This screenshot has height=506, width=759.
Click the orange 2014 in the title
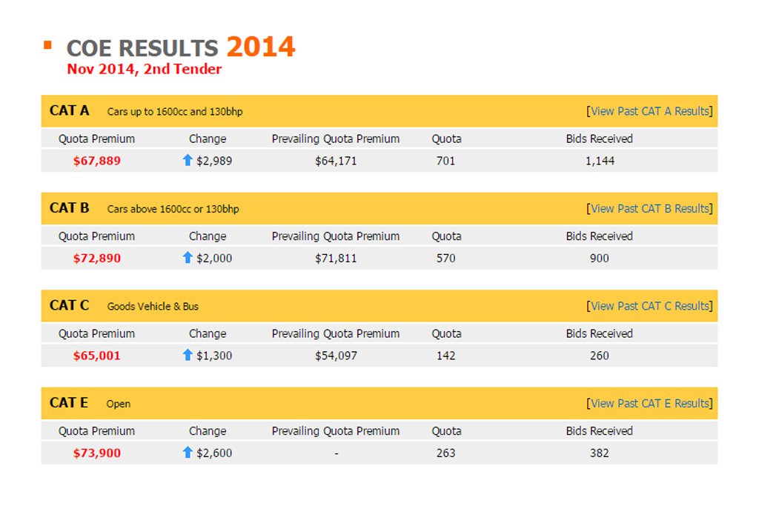[x=260, y=47]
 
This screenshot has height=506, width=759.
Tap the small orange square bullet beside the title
[x=47, y=45]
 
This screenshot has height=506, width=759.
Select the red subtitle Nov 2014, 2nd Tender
[x=145, y=69]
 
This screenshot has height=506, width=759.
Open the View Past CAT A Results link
[x=649, y=111]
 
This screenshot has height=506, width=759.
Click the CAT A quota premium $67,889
[x=97, y=161]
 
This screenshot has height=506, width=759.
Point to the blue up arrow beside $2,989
[x=188, y=160]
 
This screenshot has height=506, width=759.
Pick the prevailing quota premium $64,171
[x=336, y=161]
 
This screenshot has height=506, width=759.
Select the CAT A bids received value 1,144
[x=600, y=161]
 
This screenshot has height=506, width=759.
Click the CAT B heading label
[x=69, y=208]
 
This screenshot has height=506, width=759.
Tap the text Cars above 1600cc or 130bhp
[x=173, y=209]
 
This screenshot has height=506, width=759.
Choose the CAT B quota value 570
[x=445, y=259]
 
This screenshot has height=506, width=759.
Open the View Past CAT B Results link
[x=649, y=208]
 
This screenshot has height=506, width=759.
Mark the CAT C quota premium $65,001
[x=97, y=356]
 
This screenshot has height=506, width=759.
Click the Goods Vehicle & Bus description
[x=153, y=306]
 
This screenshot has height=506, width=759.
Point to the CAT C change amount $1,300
[x=214, y=356]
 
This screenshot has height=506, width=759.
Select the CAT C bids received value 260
[x=599, y=356]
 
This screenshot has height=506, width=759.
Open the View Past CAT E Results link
[x=649, y=404]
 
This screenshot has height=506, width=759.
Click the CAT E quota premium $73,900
[x=97, y=453]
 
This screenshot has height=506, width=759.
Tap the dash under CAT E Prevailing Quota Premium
[x=337, y=453]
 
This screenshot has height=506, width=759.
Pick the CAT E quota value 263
[x=445, y=453]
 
